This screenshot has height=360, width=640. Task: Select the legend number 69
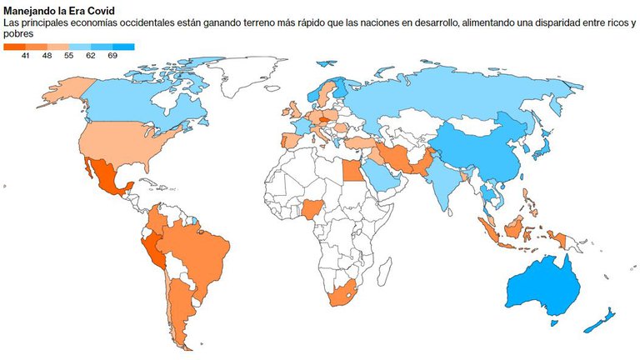click(x=112, y=55)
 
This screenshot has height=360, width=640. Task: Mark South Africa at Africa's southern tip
click(x=342, y=293)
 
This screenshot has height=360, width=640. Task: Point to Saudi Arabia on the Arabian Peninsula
click(x=380, y=176)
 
